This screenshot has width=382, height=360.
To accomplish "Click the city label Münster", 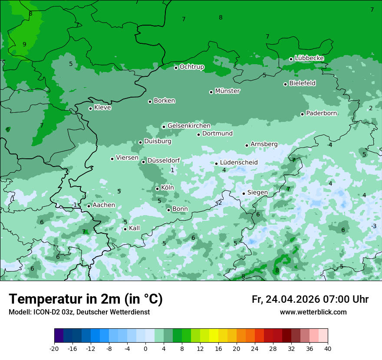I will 227,91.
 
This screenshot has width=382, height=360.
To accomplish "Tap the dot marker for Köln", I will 157,189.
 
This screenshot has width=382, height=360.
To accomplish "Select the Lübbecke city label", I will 309,58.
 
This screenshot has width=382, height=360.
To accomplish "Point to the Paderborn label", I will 321,113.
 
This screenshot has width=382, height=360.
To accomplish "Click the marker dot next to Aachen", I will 89,206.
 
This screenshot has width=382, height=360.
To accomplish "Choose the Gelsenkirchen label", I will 189,126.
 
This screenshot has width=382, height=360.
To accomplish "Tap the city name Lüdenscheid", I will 239,163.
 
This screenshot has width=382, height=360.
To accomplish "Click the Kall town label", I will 134,228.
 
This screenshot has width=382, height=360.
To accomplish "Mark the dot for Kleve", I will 90,108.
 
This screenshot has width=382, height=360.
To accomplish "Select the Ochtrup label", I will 192,67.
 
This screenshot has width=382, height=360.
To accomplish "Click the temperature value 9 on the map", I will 24,44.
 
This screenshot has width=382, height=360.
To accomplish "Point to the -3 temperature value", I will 373,226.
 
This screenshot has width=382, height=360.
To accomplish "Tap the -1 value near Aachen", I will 74,205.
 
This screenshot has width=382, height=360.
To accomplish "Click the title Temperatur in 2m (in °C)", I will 86,299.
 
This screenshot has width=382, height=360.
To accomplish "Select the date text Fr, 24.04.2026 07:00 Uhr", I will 310,299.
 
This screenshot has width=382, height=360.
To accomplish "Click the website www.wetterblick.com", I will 313,312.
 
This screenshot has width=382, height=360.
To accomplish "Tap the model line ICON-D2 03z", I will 79,312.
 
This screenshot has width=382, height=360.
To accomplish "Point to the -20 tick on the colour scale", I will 54,348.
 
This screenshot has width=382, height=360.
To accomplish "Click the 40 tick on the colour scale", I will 327,348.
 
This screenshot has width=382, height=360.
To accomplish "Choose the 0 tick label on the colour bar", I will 145,348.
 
